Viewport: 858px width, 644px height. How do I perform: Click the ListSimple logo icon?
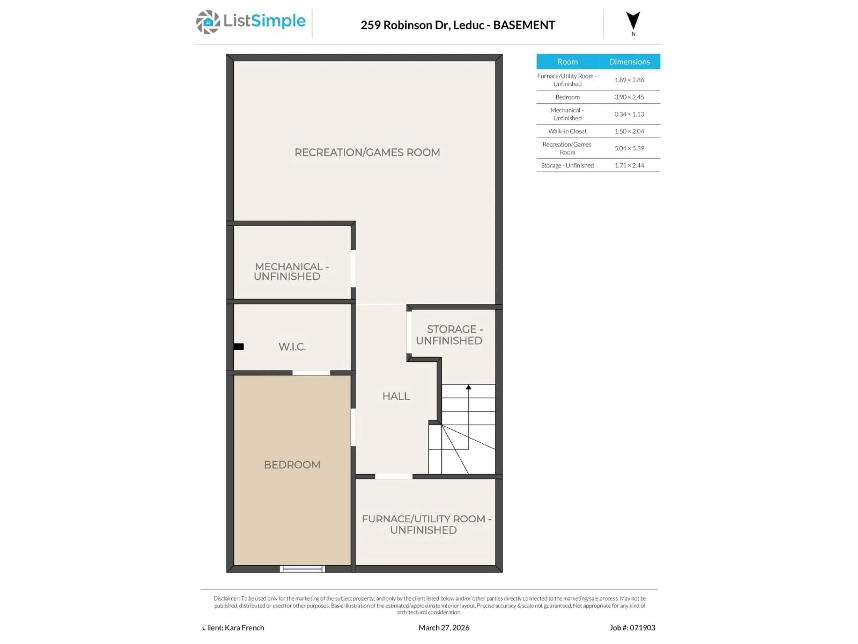pyautogui.click(x=208, y=22)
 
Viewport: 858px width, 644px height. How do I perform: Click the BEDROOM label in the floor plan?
pyautogui.click(x=292, y=465)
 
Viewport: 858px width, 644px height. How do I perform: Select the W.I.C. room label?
pyautogui.click(x=292, y=347)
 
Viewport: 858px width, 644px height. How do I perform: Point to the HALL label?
pyautogui.click(x=396, y=396)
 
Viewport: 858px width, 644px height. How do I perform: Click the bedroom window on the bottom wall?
pyautogui.click(x=303, y=569)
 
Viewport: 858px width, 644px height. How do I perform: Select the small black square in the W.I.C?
pyautogui.click(x=239, y=347)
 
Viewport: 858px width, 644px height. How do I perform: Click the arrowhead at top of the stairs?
pyautogui.click(x=469, y=387)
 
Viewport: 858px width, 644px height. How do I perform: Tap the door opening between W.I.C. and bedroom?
pyautogui.click(x=311, y=373)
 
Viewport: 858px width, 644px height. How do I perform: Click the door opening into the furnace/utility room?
pyautogui.click(x=394, y=476)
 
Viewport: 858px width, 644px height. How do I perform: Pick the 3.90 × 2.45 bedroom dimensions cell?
pyautogui.click(x=629, y=97)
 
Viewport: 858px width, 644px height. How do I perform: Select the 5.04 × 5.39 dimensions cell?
pyautogui.click(x=629, y=148)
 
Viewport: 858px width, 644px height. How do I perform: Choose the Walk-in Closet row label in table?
pyautogui.click(x=567, y=131)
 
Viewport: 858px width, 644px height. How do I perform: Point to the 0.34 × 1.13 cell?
pyautogui.click(x=629, y=114)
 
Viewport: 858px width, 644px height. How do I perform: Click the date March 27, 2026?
pyautogui.click(x=444, y=628)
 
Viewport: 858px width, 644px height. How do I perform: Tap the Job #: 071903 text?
pyautogui.click(x=632, y=628)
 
